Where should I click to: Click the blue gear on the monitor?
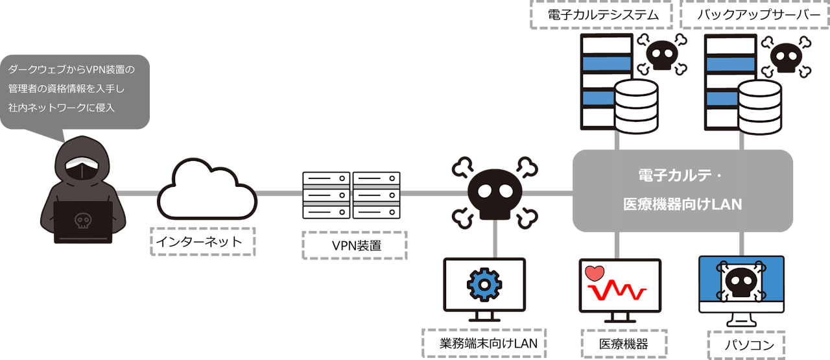coord(483,283)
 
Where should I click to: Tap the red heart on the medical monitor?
coord(594,273)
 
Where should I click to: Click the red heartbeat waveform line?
coord(622,293)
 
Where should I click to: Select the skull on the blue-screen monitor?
coord(741,283)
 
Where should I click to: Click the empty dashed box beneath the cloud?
coord(203,241)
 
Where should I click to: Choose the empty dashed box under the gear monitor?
coord(484,342)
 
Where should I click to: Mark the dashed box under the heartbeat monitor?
coord(623,343)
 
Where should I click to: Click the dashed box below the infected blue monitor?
coord(746,344)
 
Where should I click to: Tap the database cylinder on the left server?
coord(635,106)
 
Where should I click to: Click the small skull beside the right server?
coord(785,56)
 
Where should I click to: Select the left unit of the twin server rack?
coord(326,195)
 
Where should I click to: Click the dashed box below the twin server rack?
coord(355,245)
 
